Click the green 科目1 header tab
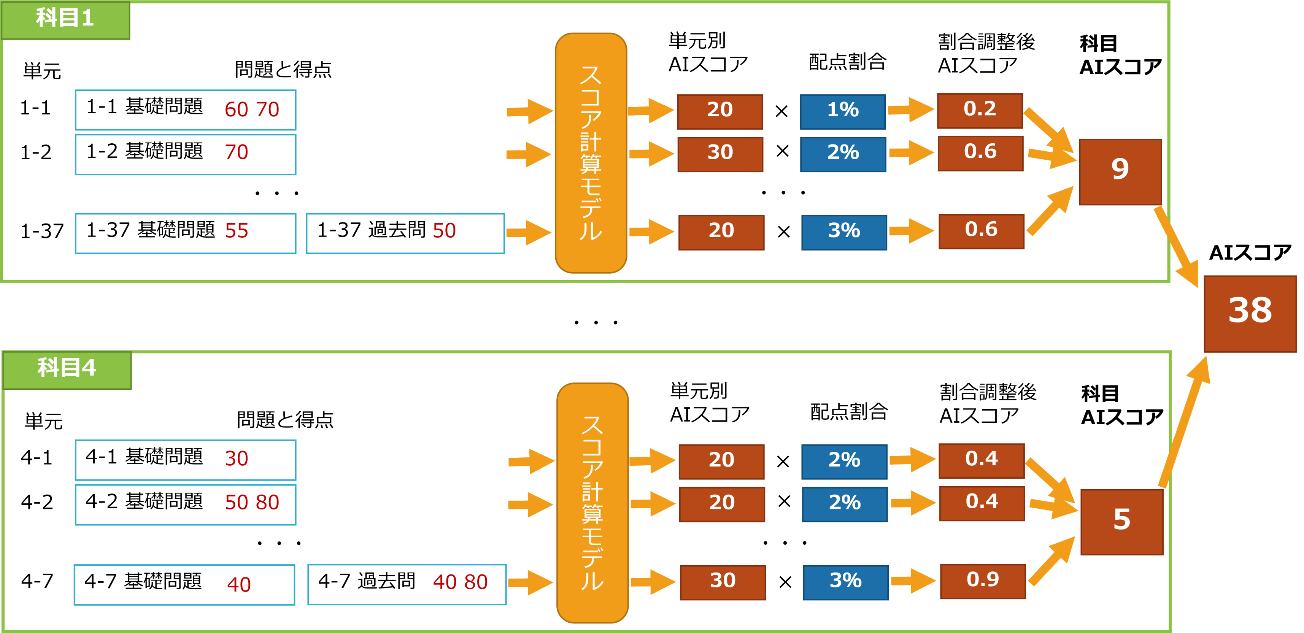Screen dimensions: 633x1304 pyautogui.click(x=65, y=19)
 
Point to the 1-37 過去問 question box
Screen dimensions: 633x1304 pyautogui.click(x=405, y=233)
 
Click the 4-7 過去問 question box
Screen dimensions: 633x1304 pyautogui.click(x=407, y=584)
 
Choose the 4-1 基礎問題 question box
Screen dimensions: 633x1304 pyautogui.click(x=185, y=459)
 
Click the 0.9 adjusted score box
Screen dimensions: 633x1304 pyautogui.click(x=983, y=581)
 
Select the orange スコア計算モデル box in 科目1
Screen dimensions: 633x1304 pyautogui.click(x=591, y=153)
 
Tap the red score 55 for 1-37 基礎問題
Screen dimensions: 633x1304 pyautogui.click(x=237, y=231)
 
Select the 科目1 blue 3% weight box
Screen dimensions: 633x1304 pyautogui.click(x=844, y=232)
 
